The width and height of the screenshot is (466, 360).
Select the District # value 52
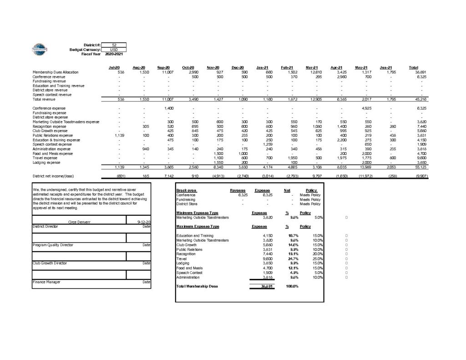(114, 45)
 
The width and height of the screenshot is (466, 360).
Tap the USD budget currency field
(114, 49)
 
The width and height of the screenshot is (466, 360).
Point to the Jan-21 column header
(262, 67)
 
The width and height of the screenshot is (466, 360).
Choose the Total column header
(414, 67)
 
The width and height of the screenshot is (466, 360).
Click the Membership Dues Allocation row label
(56, 72)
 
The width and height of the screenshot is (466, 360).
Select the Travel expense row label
(45, 157)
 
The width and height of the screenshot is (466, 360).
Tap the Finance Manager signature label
(46, 282)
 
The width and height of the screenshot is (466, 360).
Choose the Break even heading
(186, 190)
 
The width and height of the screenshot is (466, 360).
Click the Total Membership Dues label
(197, 286)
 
